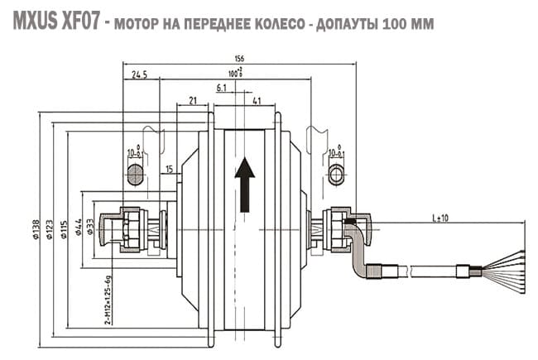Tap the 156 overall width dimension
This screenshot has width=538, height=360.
tap(240, 59)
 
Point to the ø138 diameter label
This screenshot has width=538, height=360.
tap(36, 230)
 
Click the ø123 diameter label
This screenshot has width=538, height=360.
tap(50, 230)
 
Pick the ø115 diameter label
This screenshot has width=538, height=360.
tap(64, 230)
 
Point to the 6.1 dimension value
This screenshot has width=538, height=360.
tap(222, 88)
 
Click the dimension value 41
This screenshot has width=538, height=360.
tap(257, 101)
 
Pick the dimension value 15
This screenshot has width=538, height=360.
tap(169, 170)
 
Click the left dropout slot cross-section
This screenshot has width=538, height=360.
tap(135, 173)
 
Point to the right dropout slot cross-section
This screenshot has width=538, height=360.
tap(336, 173)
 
